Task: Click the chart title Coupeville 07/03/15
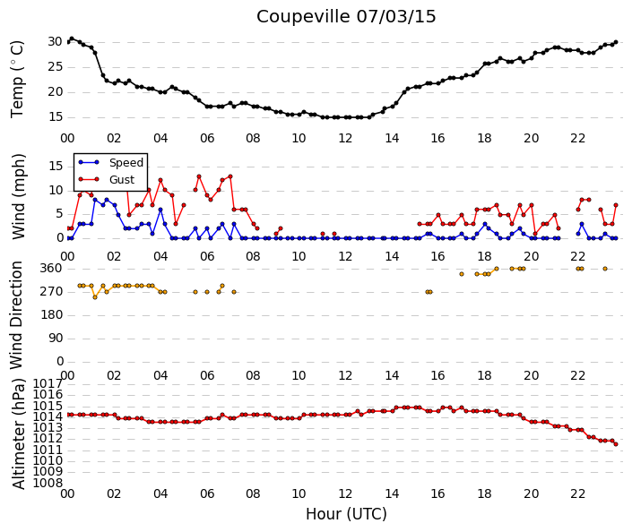[x=346, y=17]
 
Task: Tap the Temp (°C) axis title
[x=17, y=79]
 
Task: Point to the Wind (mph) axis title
[x=18, y=196]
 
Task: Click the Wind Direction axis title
[x=16, y=315]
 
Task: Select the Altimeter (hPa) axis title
[x=19, y=433]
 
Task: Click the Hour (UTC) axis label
[x=346, y=514]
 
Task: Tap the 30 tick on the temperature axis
[x=56, y=41]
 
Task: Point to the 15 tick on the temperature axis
[x=56, y=116]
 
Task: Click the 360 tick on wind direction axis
[x=51, y=268]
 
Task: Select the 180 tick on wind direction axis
[x=51, y=315]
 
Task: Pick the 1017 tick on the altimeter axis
[x=48, y=383]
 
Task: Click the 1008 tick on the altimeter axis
[x=48, y=483]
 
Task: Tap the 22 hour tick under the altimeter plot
[x=577, y=493]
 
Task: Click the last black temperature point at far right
[x=616, y=42]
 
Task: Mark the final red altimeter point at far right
[x=616, y=444]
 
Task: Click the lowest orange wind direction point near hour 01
[x=95, y=297]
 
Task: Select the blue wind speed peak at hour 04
[x=160, y=210]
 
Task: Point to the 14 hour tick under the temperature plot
[x=392, y=138]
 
